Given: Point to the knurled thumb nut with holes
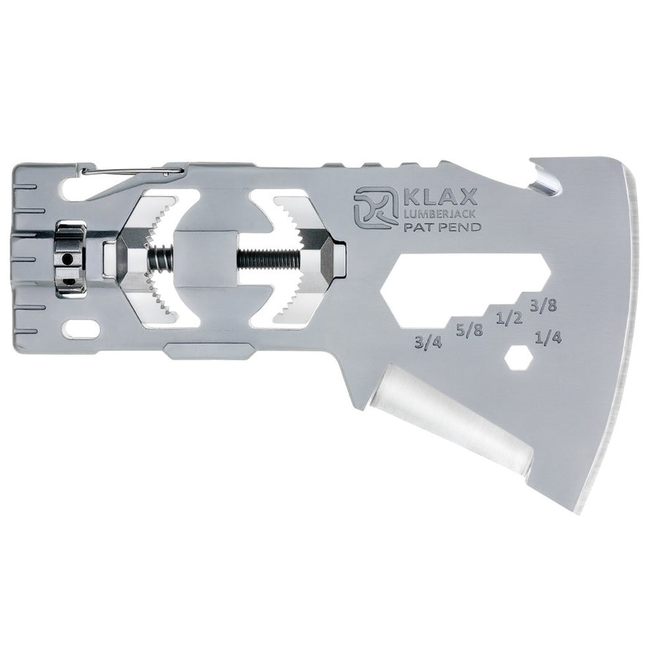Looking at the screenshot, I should [x=70, y=259].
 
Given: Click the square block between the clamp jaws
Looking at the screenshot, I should [x=206, y=259].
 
